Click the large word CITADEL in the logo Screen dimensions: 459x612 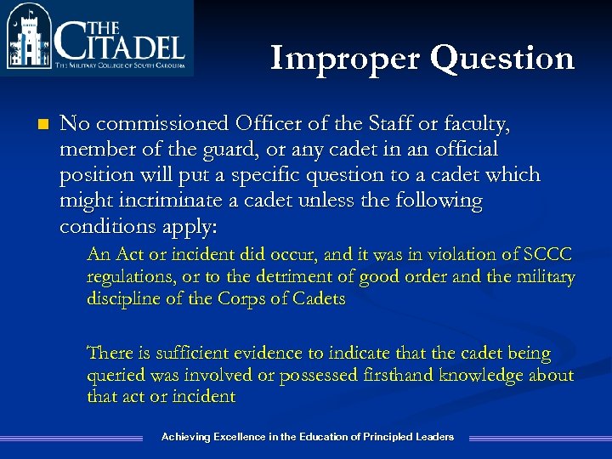click(119, 41)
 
